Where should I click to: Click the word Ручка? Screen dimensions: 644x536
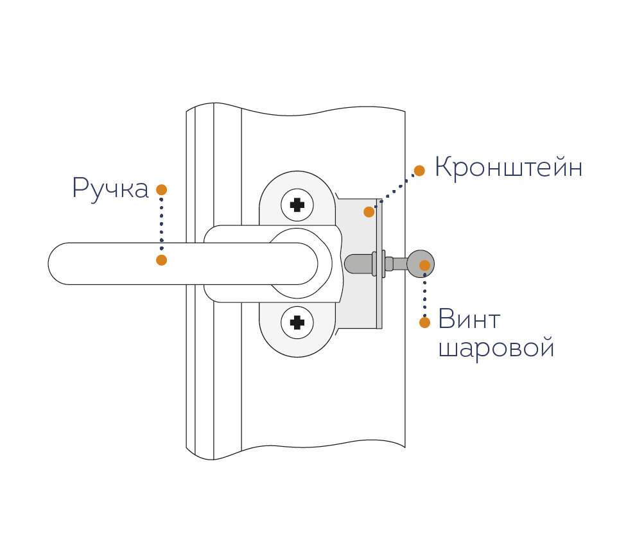click(x=110, y=189)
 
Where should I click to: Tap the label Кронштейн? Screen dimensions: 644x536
click(x=509, y=168)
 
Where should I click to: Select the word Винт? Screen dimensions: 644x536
click(x=469, y=319)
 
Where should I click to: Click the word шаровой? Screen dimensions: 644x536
click(x=496, y=349)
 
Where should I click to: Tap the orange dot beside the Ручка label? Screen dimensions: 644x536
click(x=162, y=190)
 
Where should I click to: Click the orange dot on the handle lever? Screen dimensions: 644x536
click(x=162, y=260)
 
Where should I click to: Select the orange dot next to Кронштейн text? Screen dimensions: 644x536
click(x=419, y=170)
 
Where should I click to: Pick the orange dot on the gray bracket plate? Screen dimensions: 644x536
click(x=369, y=211)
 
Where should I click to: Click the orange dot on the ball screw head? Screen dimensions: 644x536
click(x=424, y=264)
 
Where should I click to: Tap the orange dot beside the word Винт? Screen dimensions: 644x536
click(x=424, y=323)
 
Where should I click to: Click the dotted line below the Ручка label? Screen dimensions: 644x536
click(x=162, y=225)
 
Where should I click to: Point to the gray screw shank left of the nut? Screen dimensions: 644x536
click(x=358, y=264)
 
